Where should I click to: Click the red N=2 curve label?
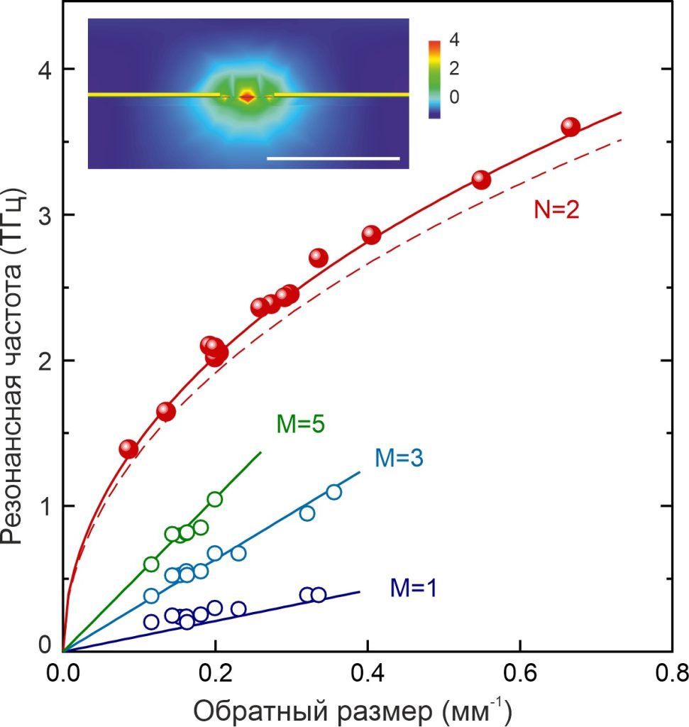556,209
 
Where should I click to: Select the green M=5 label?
300,424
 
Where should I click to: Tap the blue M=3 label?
399,458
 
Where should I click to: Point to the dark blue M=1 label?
414,588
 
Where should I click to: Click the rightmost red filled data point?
571,126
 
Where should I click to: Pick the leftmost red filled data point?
128,449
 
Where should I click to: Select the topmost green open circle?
214,499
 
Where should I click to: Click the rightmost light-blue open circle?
334,492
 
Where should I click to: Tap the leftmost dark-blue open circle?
151,622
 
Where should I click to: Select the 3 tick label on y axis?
45,215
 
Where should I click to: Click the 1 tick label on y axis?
45,506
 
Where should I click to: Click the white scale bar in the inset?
334,158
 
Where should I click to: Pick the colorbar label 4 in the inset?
454,40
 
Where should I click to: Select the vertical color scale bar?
434,80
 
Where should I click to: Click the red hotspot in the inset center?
247,97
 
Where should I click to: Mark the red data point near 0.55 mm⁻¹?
481,180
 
